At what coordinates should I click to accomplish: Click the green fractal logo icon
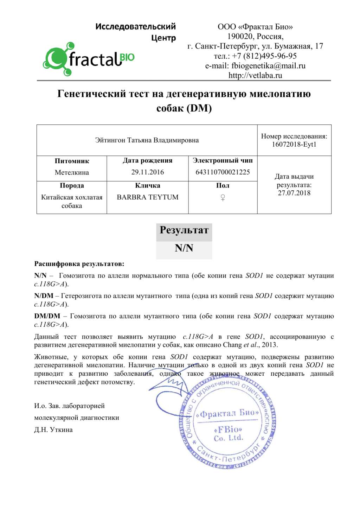56,59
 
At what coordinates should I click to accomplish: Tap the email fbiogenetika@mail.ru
255,66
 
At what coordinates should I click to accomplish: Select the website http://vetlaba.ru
255,75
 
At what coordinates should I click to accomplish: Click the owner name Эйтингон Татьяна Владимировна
147,140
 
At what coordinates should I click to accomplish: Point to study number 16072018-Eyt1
294,145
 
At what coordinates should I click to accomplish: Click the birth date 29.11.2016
148,172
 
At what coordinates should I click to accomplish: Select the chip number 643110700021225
223,172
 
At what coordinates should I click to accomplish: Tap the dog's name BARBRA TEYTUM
148,197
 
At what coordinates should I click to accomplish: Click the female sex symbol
223,198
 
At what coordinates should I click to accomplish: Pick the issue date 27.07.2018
294,193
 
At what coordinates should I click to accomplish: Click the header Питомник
72,161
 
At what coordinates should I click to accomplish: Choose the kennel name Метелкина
72,172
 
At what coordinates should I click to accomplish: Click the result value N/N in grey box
184,248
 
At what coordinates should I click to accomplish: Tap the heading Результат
184,230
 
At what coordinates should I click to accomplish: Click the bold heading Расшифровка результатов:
79,264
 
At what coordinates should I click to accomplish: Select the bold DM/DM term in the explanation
47,316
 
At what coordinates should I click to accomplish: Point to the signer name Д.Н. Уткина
53,430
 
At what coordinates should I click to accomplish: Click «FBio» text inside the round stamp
228,430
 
